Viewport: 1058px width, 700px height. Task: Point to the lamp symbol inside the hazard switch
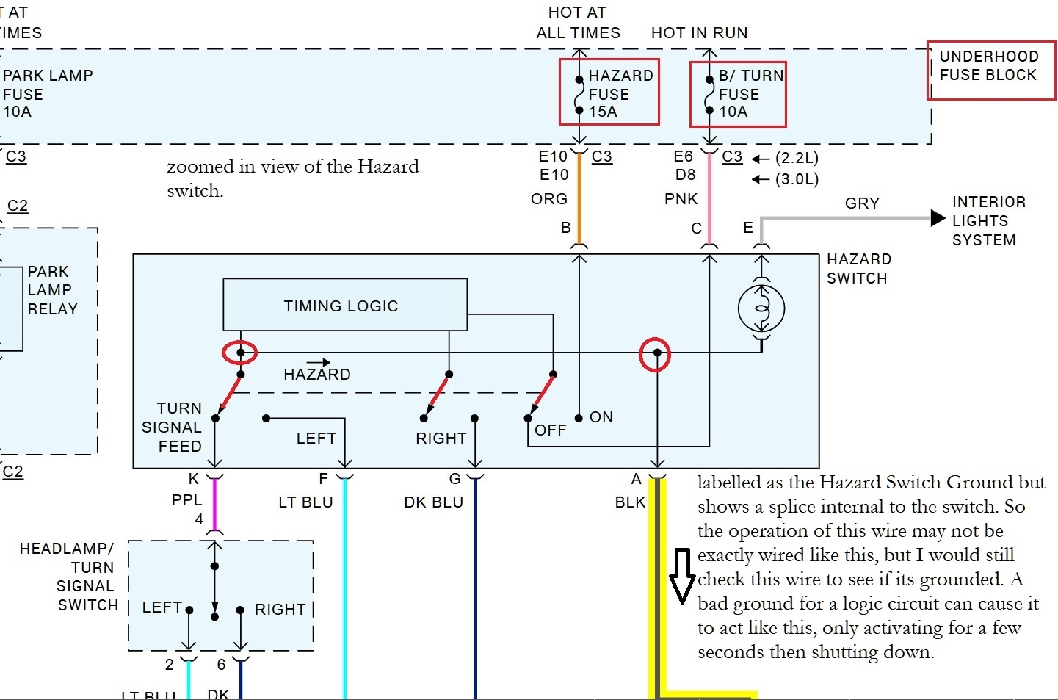click(x=761, y=308)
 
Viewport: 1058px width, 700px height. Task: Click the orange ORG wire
click(x=579, y=198)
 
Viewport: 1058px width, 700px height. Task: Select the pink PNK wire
click(x=709, y=198)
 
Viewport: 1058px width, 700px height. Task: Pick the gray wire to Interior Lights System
click(x=844, y=218)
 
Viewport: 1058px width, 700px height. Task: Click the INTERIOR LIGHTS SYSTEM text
click(x=988, y=220)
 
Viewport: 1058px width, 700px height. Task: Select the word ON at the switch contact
click(x=601, y=417)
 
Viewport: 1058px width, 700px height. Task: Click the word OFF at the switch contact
click(x=551, y=430)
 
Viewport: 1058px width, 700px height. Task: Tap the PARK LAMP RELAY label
click(x=51, y=290)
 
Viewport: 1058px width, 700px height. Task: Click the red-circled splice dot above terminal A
click(x=657, y=353)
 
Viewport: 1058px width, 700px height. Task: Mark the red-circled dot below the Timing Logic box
click(x=240, y=353)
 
